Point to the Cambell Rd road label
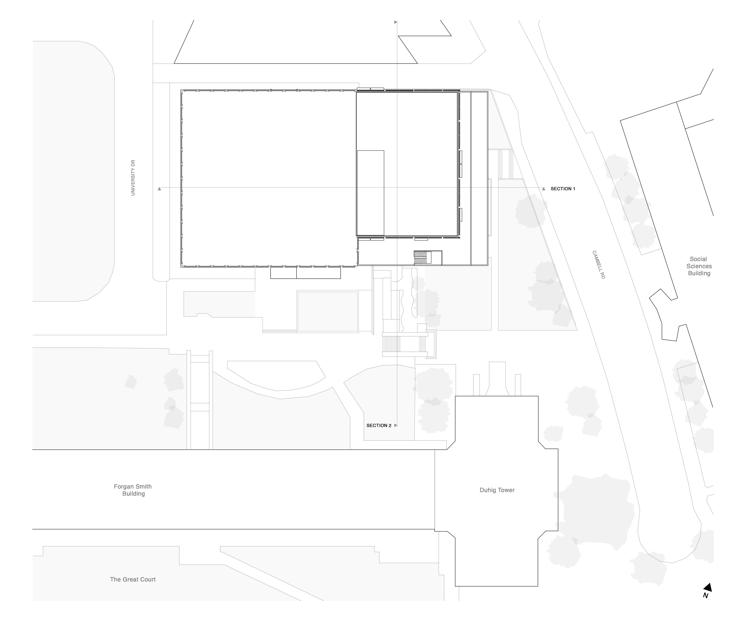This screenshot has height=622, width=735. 599,265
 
